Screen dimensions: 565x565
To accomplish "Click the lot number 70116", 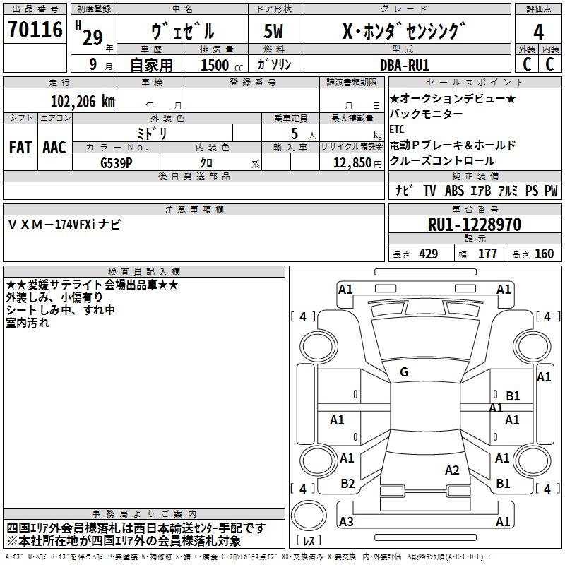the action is pyautogui.click(x=35, y=30).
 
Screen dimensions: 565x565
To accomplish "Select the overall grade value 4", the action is pyautogui.click(x=538, y=32).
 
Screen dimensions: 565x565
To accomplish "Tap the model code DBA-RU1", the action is pyautogui.click(x=404, y=64).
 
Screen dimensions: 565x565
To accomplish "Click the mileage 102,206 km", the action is pyautogui.click(x=83, y=101).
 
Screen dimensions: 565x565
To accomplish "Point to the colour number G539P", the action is pyautogui.click(x=117, y=162).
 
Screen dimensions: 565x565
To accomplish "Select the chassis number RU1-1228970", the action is pyautogui.click(x=474, y=225).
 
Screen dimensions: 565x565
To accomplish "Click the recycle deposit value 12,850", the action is pyautogui.click(x=348, y=162).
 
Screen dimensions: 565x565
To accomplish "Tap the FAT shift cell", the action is pyautogui.click(x=20, y=148).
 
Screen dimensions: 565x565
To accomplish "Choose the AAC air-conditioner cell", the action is pyautogui.click(x=54, y=148).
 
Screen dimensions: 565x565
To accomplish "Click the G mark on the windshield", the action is pyautogui.click(x=403, y=372).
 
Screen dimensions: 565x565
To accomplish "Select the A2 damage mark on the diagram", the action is pyautogui.click(x=452, y=470).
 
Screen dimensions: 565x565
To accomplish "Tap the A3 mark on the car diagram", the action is pyautogui.click(x=346, y=522).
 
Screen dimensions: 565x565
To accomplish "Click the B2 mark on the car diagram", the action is pyautogui.click(x=347, y=484).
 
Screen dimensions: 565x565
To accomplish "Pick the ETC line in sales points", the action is pyautogui.click(x=397, y=130).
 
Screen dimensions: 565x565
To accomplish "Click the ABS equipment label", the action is pyautogui.click(x=454, y=191).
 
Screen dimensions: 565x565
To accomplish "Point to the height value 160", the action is pyautogui.click(x=544, y=254).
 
